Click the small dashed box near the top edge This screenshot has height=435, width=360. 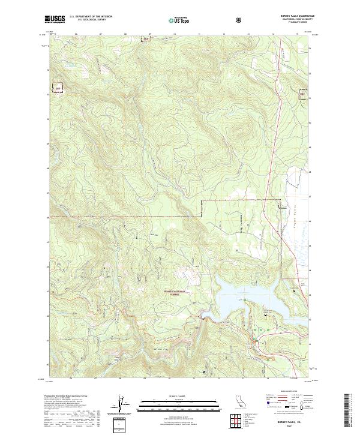(x=145, y=40)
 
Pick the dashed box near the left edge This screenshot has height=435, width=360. (x=58, y=88)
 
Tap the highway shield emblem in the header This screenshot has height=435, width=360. (x=239, y=19)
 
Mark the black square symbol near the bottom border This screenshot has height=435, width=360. (x=204, y=373)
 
